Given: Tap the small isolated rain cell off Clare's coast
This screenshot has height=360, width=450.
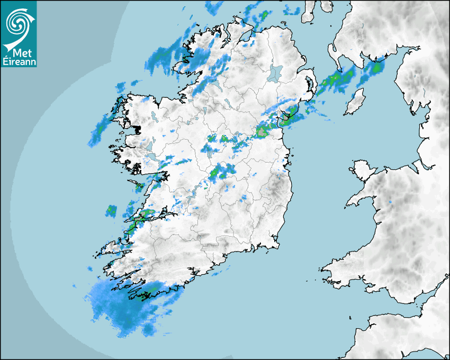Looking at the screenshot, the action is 111,210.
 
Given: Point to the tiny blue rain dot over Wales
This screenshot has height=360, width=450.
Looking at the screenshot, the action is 390,202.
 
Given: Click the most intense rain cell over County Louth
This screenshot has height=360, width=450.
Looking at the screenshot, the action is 263,131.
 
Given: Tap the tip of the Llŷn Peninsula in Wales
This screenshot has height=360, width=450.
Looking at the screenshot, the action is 348,204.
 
